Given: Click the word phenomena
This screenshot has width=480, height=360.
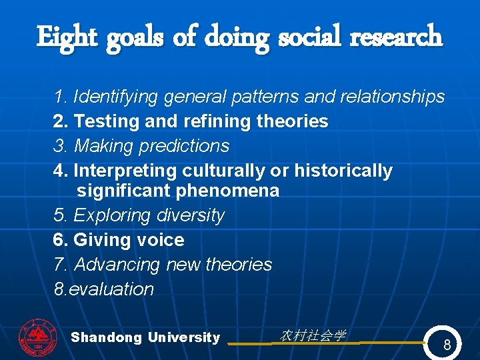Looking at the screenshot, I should pos(227,191).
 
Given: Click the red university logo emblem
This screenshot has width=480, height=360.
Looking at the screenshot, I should pos(38,337).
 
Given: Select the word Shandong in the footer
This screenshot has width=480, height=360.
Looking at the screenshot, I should pos(106,337).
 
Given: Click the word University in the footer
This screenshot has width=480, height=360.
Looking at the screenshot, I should pos(184,337).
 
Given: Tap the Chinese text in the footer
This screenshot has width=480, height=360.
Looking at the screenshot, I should pos(313,336).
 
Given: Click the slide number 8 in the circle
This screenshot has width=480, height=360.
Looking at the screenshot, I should pos(447,345).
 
